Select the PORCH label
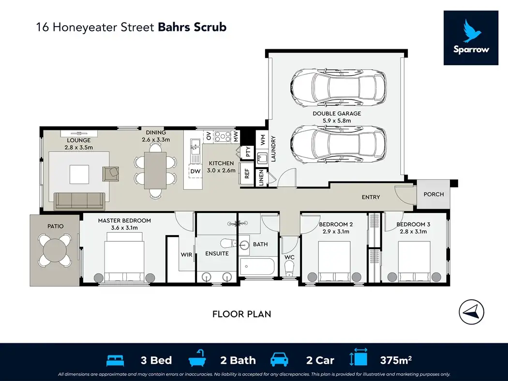coord(433,195)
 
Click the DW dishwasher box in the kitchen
coord(195,171)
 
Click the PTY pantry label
coord(248,153)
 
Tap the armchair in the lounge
coord(111,173)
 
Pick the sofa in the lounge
coord(79,200)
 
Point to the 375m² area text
coord(395,360)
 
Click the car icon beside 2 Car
coord(279,360)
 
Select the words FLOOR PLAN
coord(241,314)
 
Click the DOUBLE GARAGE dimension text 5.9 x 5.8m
coord(336,120)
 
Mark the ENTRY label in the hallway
coord(371,197)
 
